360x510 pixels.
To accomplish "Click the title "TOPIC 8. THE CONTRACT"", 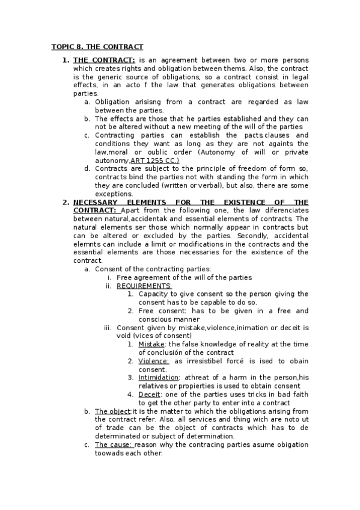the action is point(97,46).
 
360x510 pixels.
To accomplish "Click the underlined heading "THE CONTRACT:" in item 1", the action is point(104,60).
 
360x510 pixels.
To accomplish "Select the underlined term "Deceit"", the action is point(149,395).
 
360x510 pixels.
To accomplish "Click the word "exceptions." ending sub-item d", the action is point(114,194).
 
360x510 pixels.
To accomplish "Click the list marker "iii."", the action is point(108,328).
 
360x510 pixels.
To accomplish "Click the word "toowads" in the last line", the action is point(110,453).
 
